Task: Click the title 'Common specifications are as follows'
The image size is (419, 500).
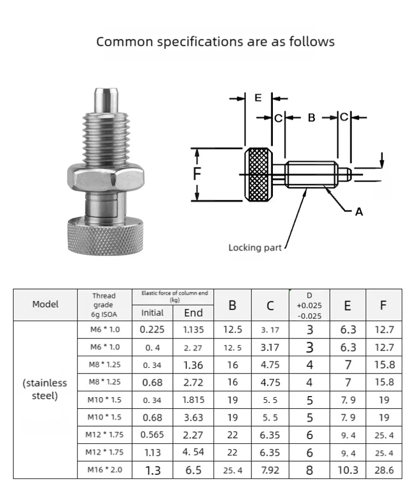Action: click(x=215, y=41)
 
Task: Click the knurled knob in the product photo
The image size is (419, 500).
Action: click(x=105, y=239)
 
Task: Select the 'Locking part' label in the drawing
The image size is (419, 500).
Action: click(x=255, y=247)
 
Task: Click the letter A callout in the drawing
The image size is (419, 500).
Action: click(x=359, y=211)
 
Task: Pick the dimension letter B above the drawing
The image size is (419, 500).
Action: click(x=311, y=118)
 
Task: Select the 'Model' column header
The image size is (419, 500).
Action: click(x=46, y=304)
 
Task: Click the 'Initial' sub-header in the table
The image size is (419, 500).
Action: click(x=152, y=313)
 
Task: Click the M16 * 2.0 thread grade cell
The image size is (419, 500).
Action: click(x=104, y=470)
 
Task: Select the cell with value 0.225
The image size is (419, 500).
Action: click(x=152, y=330)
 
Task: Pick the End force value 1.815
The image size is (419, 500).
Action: click(x=193, y=400)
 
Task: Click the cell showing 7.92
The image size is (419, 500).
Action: click(x=270, y=470)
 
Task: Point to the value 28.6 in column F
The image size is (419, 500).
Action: click(x=384, y=470)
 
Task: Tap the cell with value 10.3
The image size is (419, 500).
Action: click(x=348, y=470)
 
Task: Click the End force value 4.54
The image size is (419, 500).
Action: click(x=193, y=452)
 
